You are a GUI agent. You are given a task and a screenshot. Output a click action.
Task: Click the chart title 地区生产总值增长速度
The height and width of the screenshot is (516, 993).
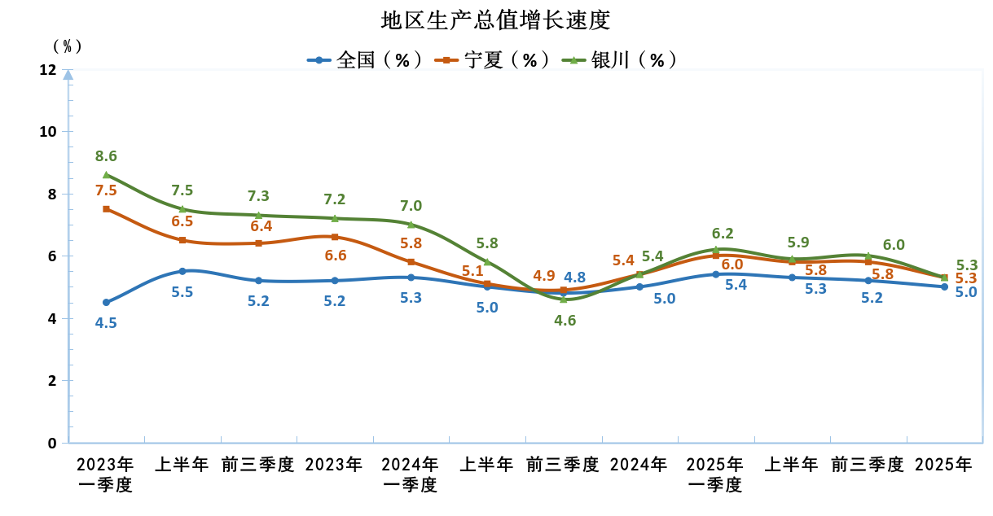click(x=496, y=20)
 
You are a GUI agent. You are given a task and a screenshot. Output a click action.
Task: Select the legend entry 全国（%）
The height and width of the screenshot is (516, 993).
click(x=367, y=59)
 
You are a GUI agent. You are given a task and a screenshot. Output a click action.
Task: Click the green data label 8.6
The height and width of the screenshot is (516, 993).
click(x=107, y=156)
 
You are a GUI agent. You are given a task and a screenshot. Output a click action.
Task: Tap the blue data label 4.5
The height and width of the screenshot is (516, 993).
click(x=107, y=322)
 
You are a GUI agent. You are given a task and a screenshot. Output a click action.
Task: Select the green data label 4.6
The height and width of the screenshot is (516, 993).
click(x=565, y=320)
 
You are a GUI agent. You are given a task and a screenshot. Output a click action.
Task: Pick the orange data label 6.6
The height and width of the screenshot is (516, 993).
click(x=336, y=256)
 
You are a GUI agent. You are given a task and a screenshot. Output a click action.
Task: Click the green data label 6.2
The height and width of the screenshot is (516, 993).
click(x=723, y=234)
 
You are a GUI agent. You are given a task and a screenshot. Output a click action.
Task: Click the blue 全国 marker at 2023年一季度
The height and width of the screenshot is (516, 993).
click(x=107, y=302)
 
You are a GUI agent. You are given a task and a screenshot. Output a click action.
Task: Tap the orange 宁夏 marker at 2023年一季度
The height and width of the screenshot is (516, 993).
click(x=107, y=209)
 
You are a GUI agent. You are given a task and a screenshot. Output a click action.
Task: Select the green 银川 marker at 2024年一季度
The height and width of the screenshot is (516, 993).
click(x=411, y=225)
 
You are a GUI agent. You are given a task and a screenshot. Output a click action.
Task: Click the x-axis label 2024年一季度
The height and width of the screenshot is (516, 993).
click(x=411, y=474)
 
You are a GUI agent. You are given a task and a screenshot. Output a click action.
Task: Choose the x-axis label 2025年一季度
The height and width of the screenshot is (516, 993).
click(x=715, y=474)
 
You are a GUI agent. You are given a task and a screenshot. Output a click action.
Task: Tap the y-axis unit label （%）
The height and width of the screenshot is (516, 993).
click(x=68, y=46)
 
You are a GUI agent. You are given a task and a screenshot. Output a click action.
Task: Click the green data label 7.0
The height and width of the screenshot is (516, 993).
click(x=411, y=206)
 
